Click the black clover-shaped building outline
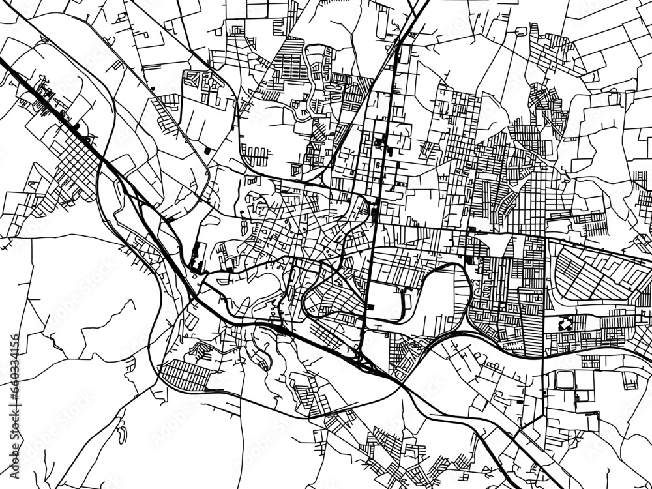click(x=565, y=322)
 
